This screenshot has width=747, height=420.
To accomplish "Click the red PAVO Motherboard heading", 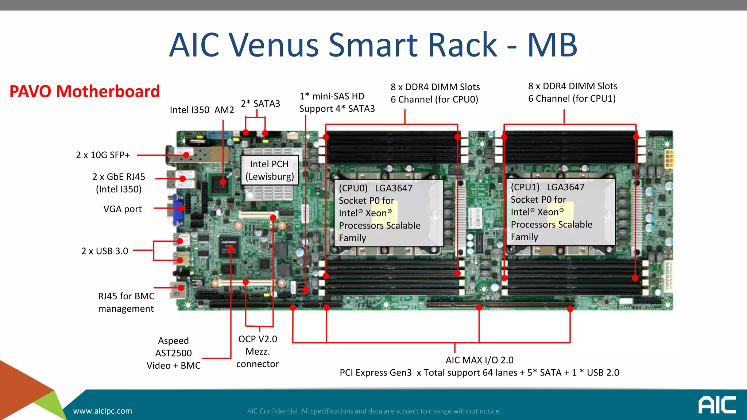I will click(x=85, y=92).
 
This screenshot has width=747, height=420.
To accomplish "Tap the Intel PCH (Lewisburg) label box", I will click(x=270, y=170).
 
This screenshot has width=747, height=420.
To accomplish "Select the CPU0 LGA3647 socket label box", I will click(x=388, y=213).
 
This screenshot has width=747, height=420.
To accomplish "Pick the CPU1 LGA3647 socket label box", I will click(x=560, y=212).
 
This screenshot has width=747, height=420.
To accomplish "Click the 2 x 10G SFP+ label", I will click(x=103, y=155).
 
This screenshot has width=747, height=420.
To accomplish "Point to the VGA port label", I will click(x=123, y=209).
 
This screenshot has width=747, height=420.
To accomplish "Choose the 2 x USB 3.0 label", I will click(x=105, y=251).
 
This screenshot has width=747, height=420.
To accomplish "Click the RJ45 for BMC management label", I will click(x=126, y=302).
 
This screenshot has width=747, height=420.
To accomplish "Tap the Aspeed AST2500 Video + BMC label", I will click(x=174, y=353).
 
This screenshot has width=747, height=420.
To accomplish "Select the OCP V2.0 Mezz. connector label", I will click(x=258, y=351).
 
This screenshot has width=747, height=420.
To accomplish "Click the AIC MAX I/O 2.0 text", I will click(x=479, y=360).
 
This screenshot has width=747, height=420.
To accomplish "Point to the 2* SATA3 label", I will click(x=260, y=104).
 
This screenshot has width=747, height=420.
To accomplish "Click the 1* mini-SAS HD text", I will click(x=332, y=96).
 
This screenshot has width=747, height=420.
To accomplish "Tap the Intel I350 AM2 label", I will click(x=202, y=110).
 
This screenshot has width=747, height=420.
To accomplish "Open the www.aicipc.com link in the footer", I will click(x=102, y=411).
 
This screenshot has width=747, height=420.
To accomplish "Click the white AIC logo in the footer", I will click(x=717, y=405).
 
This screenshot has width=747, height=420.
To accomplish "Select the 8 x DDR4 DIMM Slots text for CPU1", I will click(x=573, y=86).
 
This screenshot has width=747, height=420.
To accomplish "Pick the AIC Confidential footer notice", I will click(x=374, y=411).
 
